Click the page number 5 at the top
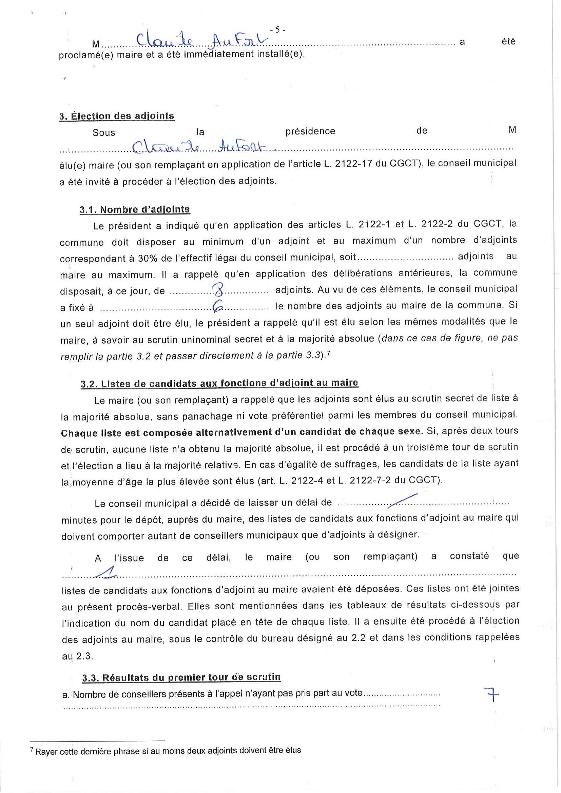(x=278, y=30)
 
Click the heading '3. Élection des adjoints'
(x=117, y=116)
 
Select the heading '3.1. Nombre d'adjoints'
(x=134, y=210)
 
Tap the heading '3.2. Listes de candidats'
(x=219, y=383)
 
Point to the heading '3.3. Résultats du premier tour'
(x=181, y=677)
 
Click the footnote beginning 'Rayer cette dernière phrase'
(x=168, y=751)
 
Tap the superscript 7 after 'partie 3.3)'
(x=328, y=353)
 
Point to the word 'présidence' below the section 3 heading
(x=310, y=131)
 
